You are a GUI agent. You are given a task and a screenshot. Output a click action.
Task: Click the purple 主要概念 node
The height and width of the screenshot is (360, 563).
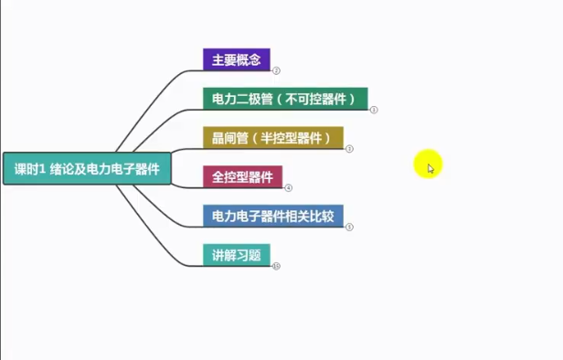pyautogui.click(x=236, y=59)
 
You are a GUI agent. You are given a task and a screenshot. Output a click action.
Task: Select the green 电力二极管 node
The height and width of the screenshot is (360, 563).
pyautogui.click(x=285, y=98)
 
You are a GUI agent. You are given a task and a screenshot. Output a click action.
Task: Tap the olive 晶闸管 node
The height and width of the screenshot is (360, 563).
pyautogui.click(x=272, y=138)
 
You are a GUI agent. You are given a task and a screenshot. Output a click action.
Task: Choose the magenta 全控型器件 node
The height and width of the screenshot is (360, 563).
pyautogui.click(x=242, y=176)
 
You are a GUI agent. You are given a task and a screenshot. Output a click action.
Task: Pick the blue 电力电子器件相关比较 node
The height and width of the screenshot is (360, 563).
pyautogui.click(x=272, y=217)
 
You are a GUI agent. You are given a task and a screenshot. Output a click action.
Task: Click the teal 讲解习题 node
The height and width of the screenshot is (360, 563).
pyautogui.click(x=236, y=255)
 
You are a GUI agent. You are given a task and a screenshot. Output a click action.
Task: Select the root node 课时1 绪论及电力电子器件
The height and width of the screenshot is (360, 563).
pyautogui.click(x=87, y=169)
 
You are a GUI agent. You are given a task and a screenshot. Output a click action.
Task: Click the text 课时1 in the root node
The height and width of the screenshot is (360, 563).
pyautogui.click(x=30, y=169)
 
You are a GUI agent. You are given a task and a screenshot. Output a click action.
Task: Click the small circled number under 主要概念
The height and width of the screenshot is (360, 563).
pyautogui.click(x=275, y=70)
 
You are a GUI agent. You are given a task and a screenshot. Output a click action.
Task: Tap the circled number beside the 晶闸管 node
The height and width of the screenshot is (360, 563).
pyautogui.click(x=349, y=148)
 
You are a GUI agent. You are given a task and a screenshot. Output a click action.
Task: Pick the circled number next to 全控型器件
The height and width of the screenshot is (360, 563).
pyautogui.click(x=288, y=187)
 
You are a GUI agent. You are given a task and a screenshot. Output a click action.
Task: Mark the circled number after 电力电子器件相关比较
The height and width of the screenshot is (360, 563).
pyautogui.click(x=349, y=227)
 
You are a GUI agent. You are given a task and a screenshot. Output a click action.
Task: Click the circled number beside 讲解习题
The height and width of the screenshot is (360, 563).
pyautogui.click(x=275, y=266)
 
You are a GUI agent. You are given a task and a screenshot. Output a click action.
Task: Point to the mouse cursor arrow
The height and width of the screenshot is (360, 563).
pyautogui.click(x=430, y=167)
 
